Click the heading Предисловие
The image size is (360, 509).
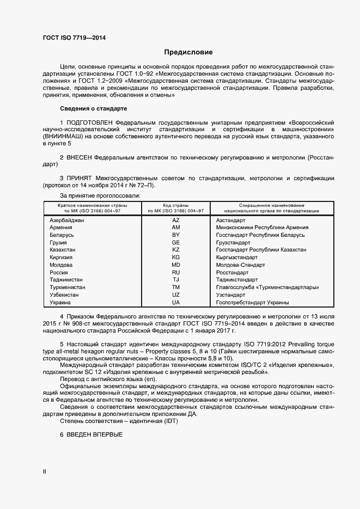point(188,52)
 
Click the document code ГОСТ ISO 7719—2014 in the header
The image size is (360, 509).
point(74,38)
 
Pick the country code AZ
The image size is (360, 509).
point(175,220)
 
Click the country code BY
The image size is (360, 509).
point(175,235)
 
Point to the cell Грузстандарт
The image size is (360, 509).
point(233,242)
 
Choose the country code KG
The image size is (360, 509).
point(175,257)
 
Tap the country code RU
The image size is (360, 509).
point(175,272)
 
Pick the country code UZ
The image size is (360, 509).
point(175,295)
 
